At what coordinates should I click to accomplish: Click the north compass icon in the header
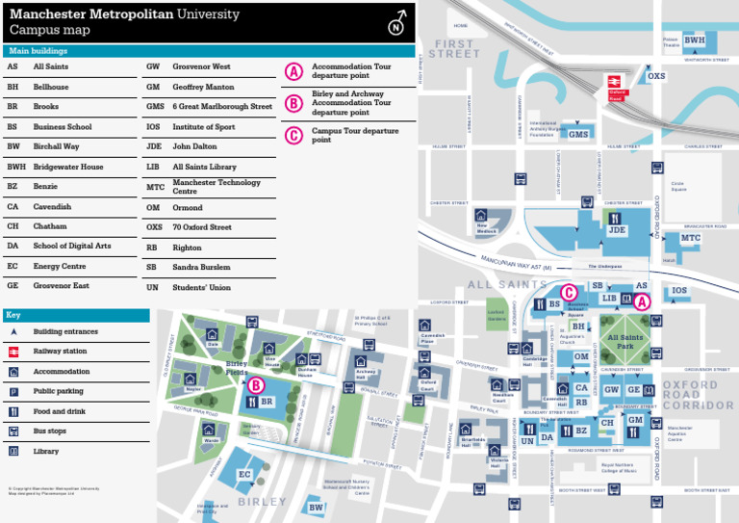pos(395,24)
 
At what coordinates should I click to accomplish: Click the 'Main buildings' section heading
pos(38,50)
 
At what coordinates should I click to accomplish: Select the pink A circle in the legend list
pos(294,71)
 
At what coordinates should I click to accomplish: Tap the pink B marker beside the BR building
pos(256,385)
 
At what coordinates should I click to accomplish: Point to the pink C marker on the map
pos(569,293)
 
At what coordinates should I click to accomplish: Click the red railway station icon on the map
pos(617,83)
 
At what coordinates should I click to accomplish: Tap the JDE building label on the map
pos(616,230)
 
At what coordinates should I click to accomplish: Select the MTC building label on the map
pos(691,237)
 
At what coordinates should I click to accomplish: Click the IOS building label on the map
pos(679,290)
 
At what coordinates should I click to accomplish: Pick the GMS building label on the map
pos(577,135)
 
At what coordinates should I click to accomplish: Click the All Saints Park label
pos(624,341)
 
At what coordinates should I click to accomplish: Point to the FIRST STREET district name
pos(454,49)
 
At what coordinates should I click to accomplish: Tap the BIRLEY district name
pos(262,502)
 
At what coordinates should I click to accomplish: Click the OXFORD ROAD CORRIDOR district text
pos(698,395)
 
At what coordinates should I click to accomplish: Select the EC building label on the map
pos(244,474)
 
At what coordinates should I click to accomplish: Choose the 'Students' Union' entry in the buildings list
pos(201,287)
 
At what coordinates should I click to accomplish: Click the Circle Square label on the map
pos(677,186)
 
